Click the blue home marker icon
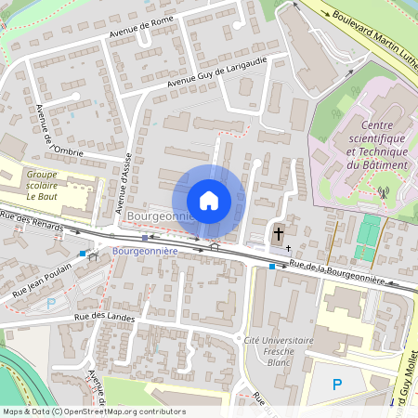209,200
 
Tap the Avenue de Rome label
142,31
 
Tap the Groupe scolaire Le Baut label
48,185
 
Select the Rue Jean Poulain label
42,281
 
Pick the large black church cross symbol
277,233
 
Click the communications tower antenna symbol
382,193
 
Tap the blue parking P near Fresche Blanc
337,384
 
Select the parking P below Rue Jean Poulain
51,303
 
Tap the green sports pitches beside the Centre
370,238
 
